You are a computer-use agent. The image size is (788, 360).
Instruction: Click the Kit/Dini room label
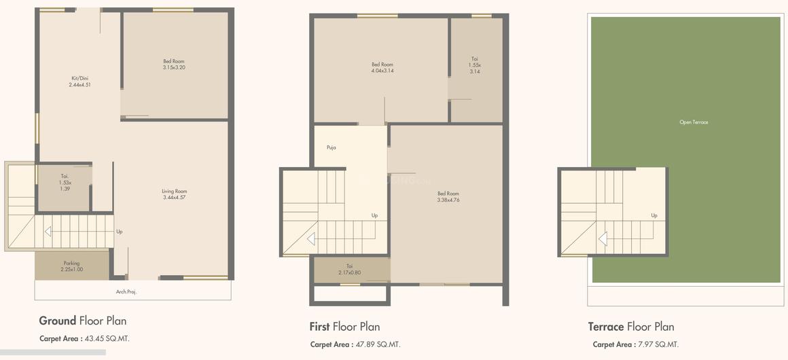point(79,82)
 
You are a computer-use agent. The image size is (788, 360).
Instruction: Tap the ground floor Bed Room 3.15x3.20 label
point(173,65)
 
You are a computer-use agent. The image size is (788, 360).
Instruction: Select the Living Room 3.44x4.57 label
point(174,194)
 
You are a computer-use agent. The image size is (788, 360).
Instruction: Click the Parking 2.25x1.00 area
point(71,266)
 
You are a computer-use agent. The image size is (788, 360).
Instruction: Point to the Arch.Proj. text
point(126,291)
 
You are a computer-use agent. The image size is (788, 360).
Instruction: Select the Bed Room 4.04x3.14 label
point(382,68)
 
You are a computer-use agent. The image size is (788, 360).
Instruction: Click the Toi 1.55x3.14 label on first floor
point(474,65)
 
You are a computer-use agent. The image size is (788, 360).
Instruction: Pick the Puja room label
point(332,147)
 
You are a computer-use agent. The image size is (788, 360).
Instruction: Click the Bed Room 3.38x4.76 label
point(448,197)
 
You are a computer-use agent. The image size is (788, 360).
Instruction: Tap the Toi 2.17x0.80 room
point(349,269)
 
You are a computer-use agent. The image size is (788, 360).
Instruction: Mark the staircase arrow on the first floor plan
point(310,239)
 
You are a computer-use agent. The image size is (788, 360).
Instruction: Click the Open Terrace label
point(694,122)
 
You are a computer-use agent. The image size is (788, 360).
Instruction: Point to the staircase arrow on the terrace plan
point(602,239)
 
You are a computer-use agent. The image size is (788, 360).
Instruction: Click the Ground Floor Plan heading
point(83,321)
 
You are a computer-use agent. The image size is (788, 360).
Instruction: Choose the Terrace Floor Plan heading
point(631,327)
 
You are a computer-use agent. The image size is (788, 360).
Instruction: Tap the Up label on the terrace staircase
point(654,215)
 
